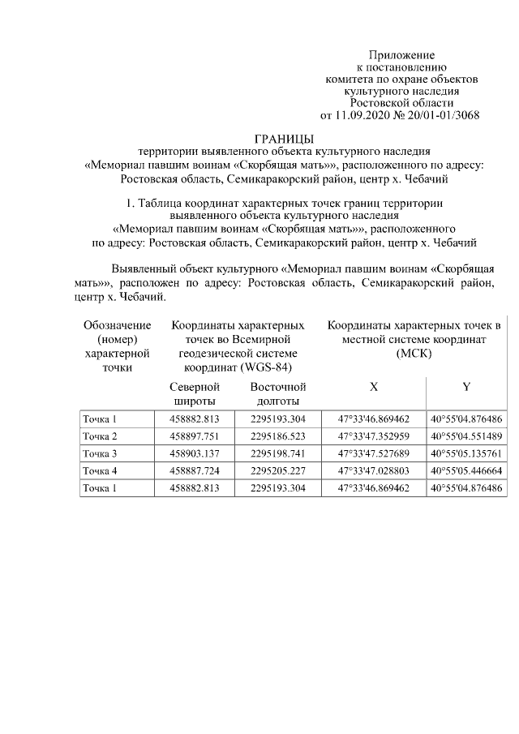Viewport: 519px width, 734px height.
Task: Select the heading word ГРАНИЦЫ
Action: coord(283,139)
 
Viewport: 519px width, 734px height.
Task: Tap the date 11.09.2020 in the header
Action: coord(363,114)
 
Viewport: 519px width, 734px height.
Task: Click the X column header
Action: coord(373,387)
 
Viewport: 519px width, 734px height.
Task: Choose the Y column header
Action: coord(466,387)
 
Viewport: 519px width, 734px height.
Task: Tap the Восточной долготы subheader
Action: coord(277,393)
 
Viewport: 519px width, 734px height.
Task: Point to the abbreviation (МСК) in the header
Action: coord(414,354)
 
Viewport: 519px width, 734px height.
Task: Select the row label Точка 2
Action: coord(100,436)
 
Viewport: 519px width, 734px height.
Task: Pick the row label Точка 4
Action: coord(100,470)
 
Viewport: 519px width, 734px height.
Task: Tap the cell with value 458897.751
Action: coord(195,436)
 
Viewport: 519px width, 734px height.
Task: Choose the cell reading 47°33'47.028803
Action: coord(373,470)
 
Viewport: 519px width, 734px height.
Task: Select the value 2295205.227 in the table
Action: coord(277,470)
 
